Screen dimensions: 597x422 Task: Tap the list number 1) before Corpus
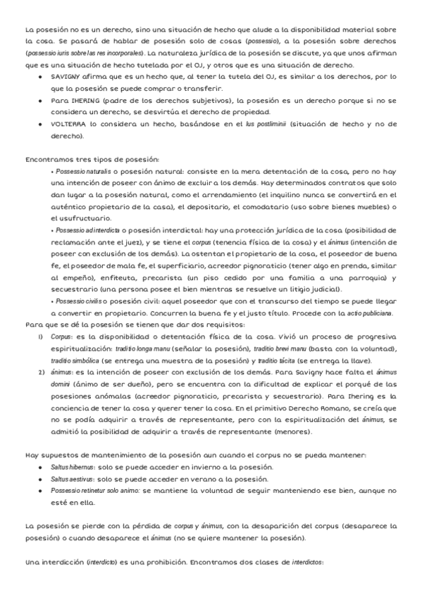point(40,337)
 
